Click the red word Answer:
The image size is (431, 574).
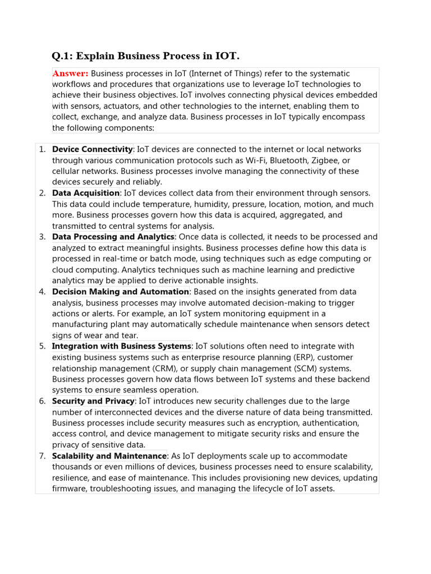[71, 73]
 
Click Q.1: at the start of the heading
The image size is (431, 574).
[62, 55]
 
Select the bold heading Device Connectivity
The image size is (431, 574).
[92, 150]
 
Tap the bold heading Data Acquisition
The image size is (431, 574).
[86, 193]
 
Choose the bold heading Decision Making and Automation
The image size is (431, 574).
[121, 292]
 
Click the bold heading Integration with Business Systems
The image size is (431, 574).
[122, 346]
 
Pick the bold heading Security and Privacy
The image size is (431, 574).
[93, 401]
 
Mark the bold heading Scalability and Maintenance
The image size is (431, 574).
[109, 456]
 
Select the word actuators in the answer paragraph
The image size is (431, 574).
[122, 106]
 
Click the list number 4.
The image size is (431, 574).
[42, 292]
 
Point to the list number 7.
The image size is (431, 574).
[42, 456]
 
